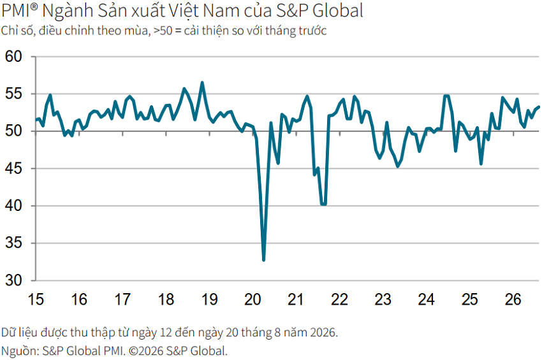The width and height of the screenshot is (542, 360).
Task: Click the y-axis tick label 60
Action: [13, 57]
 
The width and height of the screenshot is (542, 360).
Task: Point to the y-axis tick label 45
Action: [13, 169]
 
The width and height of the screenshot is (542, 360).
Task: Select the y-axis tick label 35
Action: [13, 243]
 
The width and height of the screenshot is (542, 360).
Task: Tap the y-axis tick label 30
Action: [13, 280]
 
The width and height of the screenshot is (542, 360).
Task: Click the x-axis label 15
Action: [36, 299]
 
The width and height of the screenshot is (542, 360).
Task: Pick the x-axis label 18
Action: [166, 299]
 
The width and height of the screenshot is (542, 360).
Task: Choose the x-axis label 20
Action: [253, 299]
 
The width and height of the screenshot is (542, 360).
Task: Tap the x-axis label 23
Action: [383, 299]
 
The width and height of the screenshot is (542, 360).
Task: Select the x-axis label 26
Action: [513, 299]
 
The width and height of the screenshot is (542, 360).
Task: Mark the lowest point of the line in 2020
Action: [264, 259]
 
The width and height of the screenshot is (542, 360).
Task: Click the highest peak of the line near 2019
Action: [202, 83]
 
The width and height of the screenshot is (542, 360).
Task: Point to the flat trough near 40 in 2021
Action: [323, 204]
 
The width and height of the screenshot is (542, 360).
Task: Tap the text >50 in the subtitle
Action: [163, 31]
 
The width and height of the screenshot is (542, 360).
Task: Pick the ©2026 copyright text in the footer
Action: [146, 351]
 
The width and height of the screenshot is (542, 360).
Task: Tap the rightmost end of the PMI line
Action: [539, 107]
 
